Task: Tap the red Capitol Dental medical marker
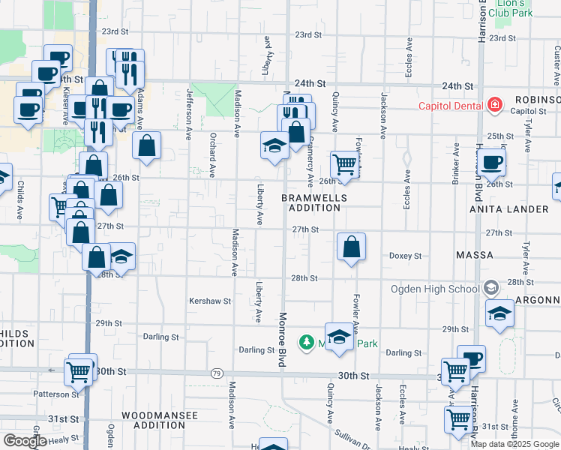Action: coord(495,104)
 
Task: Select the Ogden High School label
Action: coord(435,289)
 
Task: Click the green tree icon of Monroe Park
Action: coord(306,343)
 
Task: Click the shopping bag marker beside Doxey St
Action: coord(351,247)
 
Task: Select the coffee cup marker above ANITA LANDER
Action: coord(492,161)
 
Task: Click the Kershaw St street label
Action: coord(210,300)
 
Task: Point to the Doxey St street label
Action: coord(405,256)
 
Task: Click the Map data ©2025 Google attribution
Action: coord(514,444)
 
